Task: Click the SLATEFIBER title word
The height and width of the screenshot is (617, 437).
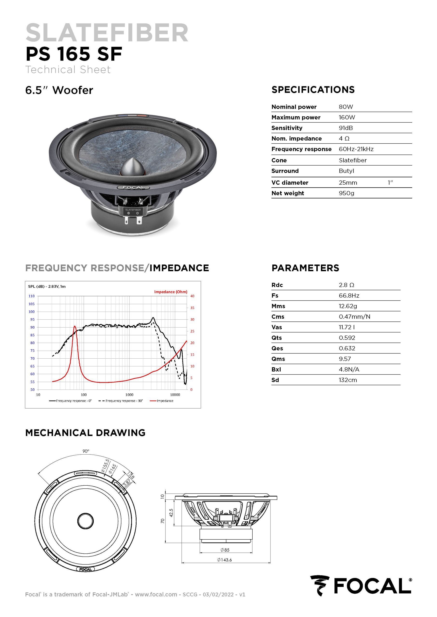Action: click(x=107, y=33)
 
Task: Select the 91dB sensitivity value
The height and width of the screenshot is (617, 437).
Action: click(x=346, y=128)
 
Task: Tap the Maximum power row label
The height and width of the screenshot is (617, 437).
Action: click(x=296, y=117)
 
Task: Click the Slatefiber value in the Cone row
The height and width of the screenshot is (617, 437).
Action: click(x=353, y=161)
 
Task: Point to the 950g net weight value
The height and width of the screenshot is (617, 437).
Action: click(x=346, y=193)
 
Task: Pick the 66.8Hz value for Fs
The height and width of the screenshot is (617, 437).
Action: click(x=349, y=295)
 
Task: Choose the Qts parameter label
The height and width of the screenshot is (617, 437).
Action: click(x=276, y=338)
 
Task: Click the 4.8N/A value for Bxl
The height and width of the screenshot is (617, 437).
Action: click(x=349, y=369)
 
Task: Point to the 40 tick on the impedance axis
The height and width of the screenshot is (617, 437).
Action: click(x=192, y=296)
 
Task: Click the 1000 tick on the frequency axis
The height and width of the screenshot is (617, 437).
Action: click(x=129, y=395)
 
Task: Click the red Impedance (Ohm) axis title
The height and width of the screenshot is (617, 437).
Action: click(x=171, y=292)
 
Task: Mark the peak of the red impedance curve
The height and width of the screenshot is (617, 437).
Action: click(x=75, y=326)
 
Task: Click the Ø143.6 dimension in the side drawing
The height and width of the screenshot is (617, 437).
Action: click(x=224, y=560)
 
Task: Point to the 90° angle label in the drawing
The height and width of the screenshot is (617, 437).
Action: click(x=86, y=451)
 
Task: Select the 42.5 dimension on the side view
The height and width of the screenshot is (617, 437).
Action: click(x=171, y=512)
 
